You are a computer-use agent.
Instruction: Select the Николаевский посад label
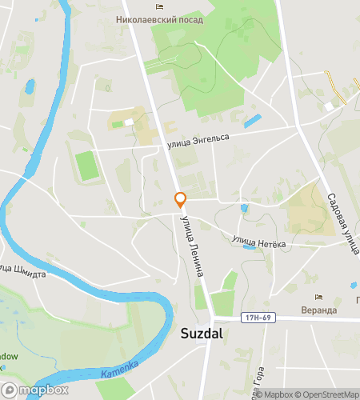[158, 19]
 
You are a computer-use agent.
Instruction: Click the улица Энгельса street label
[198, 141]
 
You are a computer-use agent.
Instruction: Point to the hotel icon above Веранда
[319, 298]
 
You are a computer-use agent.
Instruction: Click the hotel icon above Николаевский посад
[159, 6]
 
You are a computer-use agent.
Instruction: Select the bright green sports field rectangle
[86, 166]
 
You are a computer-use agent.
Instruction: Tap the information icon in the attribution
[248, 394]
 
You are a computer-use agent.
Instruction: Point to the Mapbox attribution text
[274, 394]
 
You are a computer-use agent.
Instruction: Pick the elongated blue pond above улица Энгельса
[253, 121]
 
